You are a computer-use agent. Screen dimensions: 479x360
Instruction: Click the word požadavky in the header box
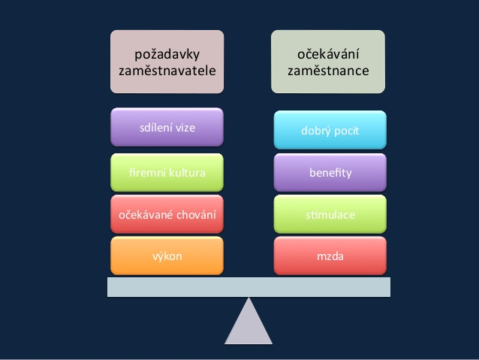click(x=167, y=55)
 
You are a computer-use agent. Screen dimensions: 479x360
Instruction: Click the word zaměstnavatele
click(x=167, y=71)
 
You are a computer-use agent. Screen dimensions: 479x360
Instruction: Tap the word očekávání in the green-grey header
click(x=328, y=54)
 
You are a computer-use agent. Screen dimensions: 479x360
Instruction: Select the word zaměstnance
click(x=328, y=71)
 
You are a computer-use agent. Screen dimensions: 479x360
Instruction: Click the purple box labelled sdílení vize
click(x=167, y=127)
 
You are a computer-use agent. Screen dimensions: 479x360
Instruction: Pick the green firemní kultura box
click(x=167, y=173)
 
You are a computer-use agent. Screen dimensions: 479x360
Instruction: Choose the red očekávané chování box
click(x=167, y=214)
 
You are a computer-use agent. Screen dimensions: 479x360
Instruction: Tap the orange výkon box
click(x=167, y=256)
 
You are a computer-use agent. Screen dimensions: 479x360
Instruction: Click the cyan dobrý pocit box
click(x=330, y=130)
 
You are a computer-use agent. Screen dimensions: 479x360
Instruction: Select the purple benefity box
click(x=330, y=173)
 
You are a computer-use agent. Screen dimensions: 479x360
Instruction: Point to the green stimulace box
click(x=330, y=214)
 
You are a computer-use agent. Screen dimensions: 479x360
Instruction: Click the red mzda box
click(x=330, y=256)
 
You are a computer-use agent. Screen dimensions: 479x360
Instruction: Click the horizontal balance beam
click(x=249, y=287)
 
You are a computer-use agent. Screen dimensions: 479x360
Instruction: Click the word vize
click(x=185, y=128)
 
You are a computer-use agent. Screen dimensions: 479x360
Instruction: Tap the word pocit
click(x=346, y=132)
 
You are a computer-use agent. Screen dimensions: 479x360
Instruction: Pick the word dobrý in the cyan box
click(x=315, y=132)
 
